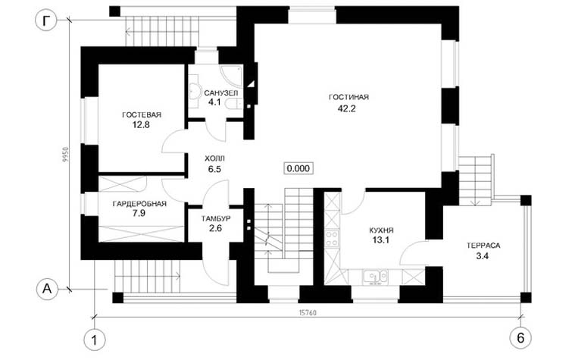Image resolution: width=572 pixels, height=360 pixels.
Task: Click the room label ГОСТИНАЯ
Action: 349,97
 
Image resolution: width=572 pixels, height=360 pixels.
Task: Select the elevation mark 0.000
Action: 299,168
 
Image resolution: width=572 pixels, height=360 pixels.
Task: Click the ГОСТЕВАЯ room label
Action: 142,115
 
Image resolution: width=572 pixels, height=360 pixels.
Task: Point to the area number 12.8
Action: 141,125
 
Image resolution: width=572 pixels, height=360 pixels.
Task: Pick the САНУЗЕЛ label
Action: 221,93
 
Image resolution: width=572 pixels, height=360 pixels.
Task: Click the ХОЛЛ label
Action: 215,159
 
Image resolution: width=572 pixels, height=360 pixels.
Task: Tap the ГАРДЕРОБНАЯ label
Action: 139,204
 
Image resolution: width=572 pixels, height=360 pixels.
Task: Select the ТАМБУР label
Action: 216,219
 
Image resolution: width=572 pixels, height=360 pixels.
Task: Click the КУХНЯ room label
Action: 381,230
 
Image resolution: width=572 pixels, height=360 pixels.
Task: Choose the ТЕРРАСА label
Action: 483,246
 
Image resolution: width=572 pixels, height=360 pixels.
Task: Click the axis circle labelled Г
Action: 45,21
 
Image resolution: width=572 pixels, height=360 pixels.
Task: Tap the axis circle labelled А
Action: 47,290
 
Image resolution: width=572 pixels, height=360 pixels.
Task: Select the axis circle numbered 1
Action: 95,340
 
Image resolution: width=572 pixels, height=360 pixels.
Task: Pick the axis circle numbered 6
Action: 520,338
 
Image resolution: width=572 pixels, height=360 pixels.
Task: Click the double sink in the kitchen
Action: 375,277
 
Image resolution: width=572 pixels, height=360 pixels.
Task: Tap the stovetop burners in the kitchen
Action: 332,238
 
